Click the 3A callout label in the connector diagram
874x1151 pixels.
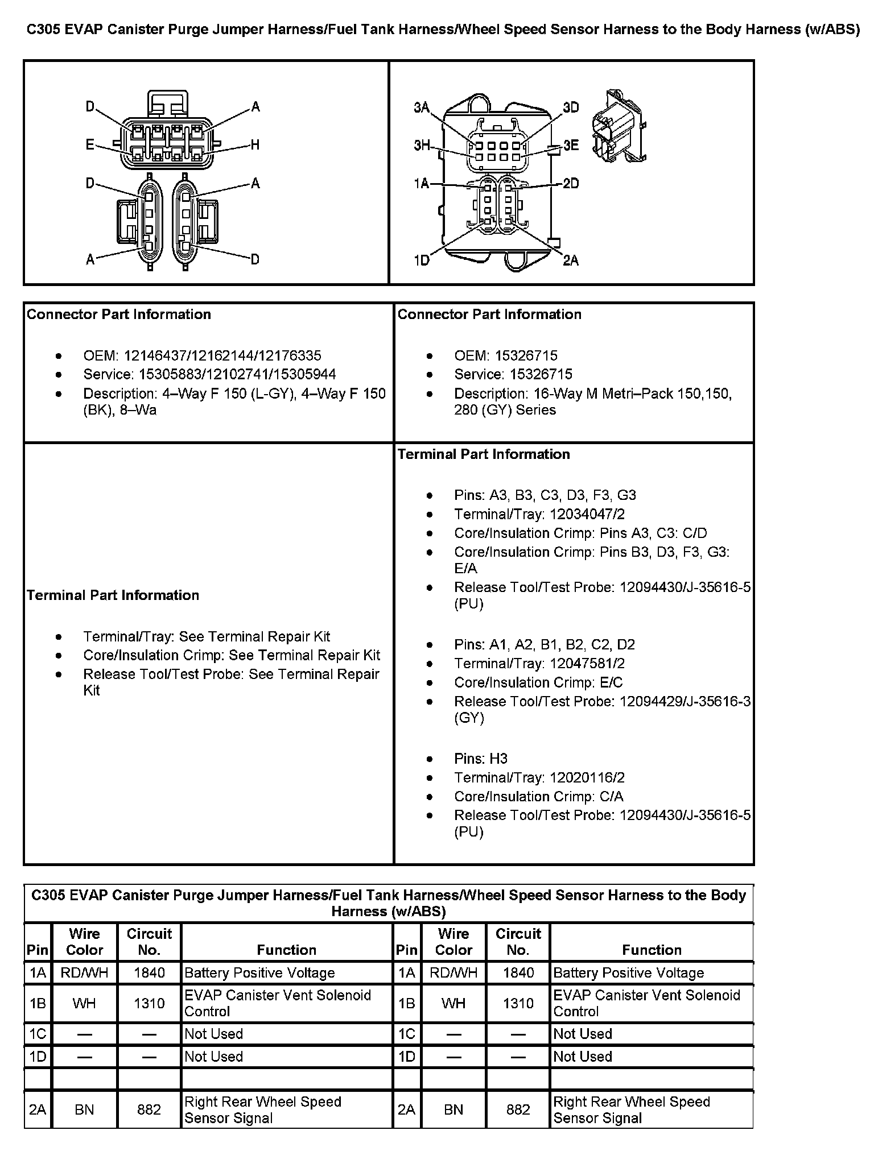pos(422,107)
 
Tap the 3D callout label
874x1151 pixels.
pos(571,107)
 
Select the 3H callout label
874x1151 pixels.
pos(422,146)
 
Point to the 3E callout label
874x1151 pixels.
pos(571,146)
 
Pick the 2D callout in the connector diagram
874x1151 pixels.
pos(571,184)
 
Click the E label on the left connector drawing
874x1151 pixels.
pos(90,145)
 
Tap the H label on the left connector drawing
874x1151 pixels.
pos(255,145)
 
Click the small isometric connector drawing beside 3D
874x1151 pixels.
pos(618,126)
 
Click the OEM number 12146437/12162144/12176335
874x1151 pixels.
pos(222,356)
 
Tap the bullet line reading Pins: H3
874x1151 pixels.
pos(480,759)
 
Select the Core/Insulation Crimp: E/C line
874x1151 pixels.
pos(538,682)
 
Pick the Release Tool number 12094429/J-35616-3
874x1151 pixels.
pos(685,702)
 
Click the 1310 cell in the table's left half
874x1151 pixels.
pos(149,1004)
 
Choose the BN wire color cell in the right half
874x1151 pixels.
pos(454,1109)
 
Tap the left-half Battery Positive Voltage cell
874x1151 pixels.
pos(259,973)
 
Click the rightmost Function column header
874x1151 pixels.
pos(652,950)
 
